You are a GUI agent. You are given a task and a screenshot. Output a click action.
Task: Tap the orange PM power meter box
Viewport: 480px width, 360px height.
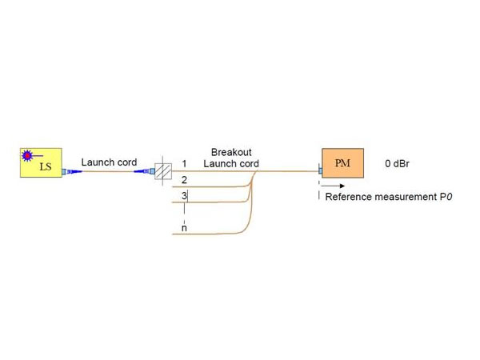(x=342, y=163)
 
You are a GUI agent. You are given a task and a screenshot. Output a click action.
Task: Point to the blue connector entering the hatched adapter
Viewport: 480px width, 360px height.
(x=146, y=171)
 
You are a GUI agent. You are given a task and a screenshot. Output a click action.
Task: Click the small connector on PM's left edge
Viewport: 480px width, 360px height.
(x=320, y=171)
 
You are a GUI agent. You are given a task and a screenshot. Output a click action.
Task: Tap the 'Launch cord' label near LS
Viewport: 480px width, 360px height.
(x=109, y=162)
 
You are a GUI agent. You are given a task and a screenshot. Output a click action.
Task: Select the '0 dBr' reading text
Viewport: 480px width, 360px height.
(x=398, y=163)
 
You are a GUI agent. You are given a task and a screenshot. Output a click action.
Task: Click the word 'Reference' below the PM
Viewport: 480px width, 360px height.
(x=349, y=197)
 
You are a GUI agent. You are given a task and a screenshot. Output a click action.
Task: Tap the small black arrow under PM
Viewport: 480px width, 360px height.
(x=327, y=190)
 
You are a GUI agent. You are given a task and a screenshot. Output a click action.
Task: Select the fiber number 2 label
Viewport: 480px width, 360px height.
(x=184, y=179)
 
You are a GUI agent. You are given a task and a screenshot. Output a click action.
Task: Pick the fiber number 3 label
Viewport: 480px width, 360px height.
(x=184, y=195)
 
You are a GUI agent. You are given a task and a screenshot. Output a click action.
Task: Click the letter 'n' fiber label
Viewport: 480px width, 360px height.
(x=184, y=228)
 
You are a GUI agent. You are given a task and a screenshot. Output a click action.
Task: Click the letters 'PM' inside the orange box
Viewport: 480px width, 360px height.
(x=342, y=163)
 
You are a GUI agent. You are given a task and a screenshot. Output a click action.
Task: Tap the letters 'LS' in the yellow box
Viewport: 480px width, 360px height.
(x=46, y=167)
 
